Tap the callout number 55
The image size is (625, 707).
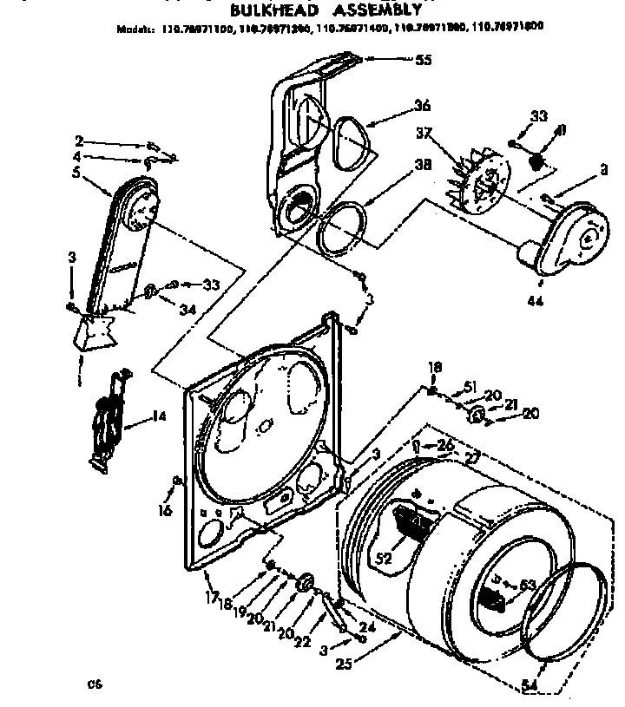click(x=423, y=60)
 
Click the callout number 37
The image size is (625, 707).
click(x=424, y=133)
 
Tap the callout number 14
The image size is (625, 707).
click(x=158, y=416)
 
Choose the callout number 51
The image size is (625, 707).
click(x=470, y=387)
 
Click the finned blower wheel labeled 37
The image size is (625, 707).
click(x=476, y=180)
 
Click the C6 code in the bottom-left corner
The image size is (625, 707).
click(x=93, y=684)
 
